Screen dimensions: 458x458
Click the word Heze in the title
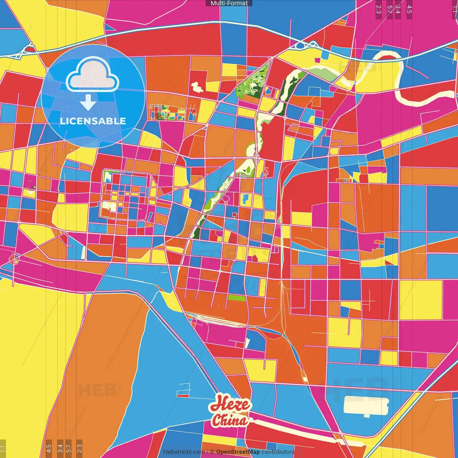(230, 404)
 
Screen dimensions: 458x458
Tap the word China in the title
(229, 420)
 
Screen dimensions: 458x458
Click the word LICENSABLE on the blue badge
(93, 121)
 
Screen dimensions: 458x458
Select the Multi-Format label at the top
(229, 3)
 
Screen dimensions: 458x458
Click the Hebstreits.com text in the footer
(184, 452)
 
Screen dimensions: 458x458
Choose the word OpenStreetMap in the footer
(238, 452)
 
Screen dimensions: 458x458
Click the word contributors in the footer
(278, 452)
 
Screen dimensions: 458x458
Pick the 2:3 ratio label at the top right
(379, 9)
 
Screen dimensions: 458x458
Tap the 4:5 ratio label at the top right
(409, 9)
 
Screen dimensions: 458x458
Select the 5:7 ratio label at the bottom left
(69, 448)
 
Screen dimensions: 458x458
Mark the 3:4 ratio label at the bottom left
(60, 448)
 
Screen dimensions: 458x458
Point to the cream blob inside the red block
(197, 87)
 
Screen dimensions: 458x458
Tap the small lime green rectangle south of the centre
(237, 298)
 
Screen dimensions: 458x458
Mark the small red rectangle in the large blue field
(183, 396)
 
